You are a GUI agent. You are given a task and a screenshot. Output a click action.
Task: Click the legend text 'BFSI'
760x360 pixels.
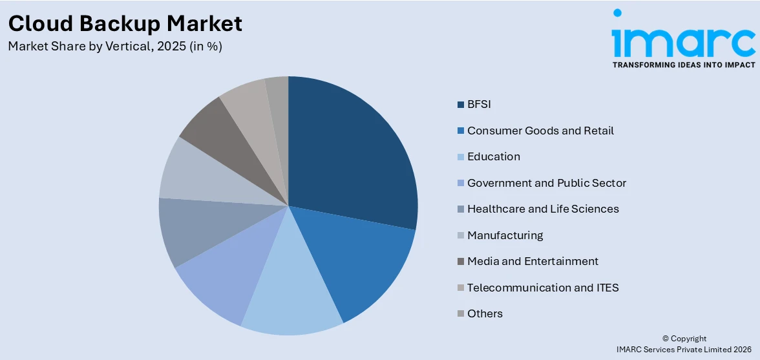tap(480, 104)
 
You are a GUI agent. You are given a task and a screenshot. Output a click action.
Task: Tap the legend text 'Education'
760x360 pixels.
tap(493, 156)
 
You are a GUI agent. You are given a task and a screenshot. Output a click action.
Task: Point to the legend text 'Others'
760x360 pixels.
tap(485, 313)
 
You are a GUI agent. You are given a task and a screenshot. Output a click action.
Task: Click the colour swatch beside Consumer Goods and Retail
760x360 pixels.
tap(460, 131)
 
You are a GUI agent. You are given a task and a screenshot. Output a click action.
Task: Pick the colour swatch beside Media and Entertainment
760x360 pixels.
tap(460, 262)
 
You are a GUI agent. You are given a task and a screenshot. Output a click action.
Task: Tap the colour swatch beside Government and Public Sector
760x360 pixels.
tap(460, 183)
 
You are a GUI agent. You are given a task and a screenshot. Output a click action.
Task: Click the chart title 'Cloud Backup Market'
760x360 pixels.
tap(125, 23)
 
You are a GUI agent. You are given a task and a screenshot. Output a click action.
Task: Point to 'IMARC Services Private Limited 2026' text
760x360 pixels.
tap(684, 350)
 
